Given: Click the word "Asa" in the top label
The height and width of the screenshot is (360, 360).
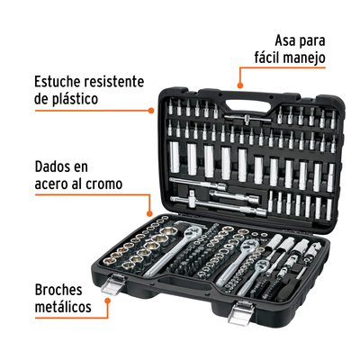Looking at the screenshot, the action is point(286,40).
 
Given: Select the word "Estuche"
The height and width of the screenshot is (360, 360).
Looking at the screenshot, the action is point(58,81).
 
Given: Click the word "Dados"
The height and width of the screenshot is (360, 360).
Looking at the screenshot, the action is point(53,166).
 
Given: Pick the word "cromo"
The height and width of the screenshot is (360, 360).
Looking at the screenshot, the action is point(103,184).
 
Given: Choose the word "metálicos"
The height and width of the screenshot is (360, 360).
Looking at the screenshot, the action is point(63,307).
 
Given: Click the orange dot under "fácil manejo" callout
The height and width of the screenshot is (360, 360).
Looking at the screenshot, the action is point(239,85).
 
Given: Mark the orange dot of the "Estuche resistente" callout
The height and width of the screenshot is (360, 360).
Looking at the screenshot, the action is point(151,111).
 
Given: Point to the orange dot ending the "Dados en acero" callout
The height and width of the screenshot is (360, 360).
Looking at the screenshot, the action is point(149,213).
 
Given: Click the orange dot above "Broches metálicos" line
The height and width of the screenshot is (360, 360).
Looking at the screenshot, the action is point(107,300).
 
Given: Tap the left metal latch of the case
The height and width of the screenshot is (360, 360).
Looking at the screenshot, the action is point(113,284).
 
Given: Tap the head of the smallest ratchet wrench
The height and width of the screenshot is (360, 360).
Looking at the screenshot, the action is point(262,265).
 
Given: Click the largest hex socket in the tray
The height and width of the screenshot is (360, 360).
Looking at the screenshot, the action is point(169,231).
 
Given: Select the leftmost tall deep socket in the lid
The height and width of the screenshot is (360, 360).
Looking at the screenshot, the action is point(175,157).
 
